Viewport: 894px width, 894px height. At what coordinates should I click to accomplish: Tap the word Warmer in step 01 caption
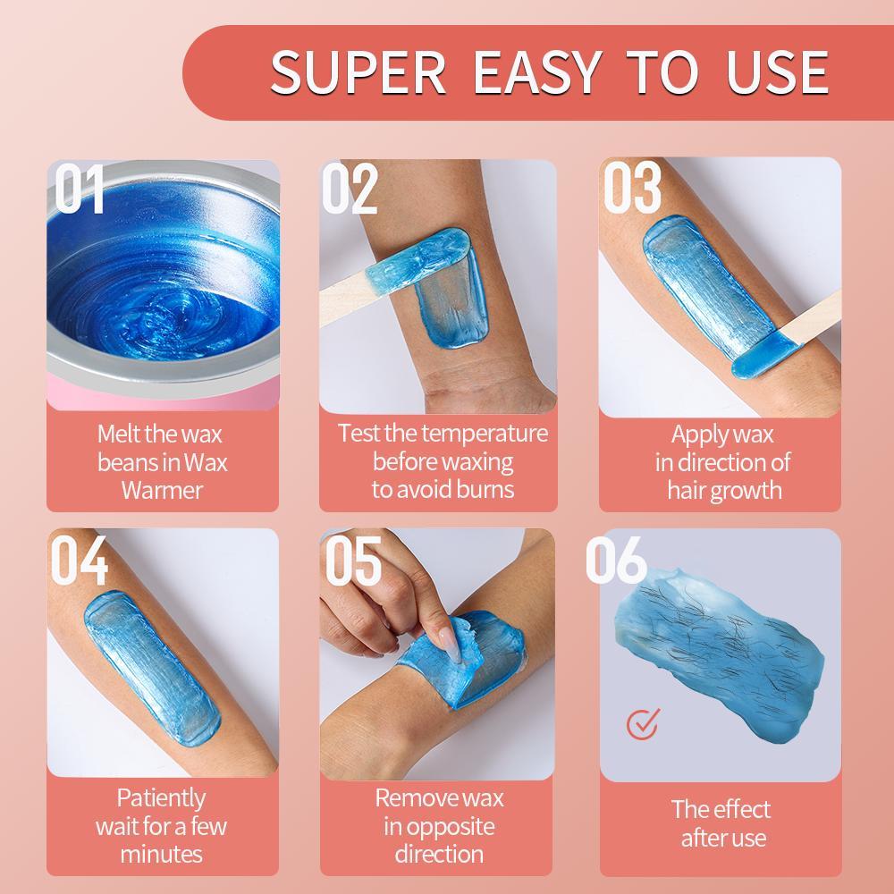162,490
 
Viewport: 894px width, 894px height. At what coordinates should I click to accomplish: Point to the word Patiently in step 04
162,797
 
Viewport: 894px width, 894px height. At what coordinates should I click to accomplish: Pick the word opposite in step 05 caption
439,825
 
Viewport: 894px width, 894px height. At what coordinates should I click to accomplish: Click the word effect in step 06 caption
741,810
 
